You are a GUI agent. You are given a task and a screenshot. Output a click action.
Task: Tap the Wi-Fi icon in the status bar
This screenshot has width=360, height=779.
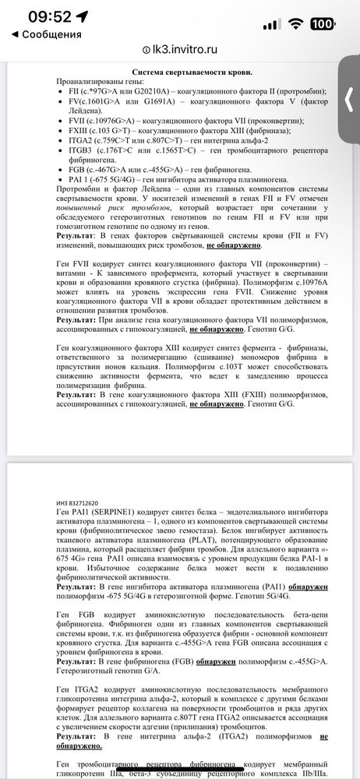(x=293, y=23)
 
